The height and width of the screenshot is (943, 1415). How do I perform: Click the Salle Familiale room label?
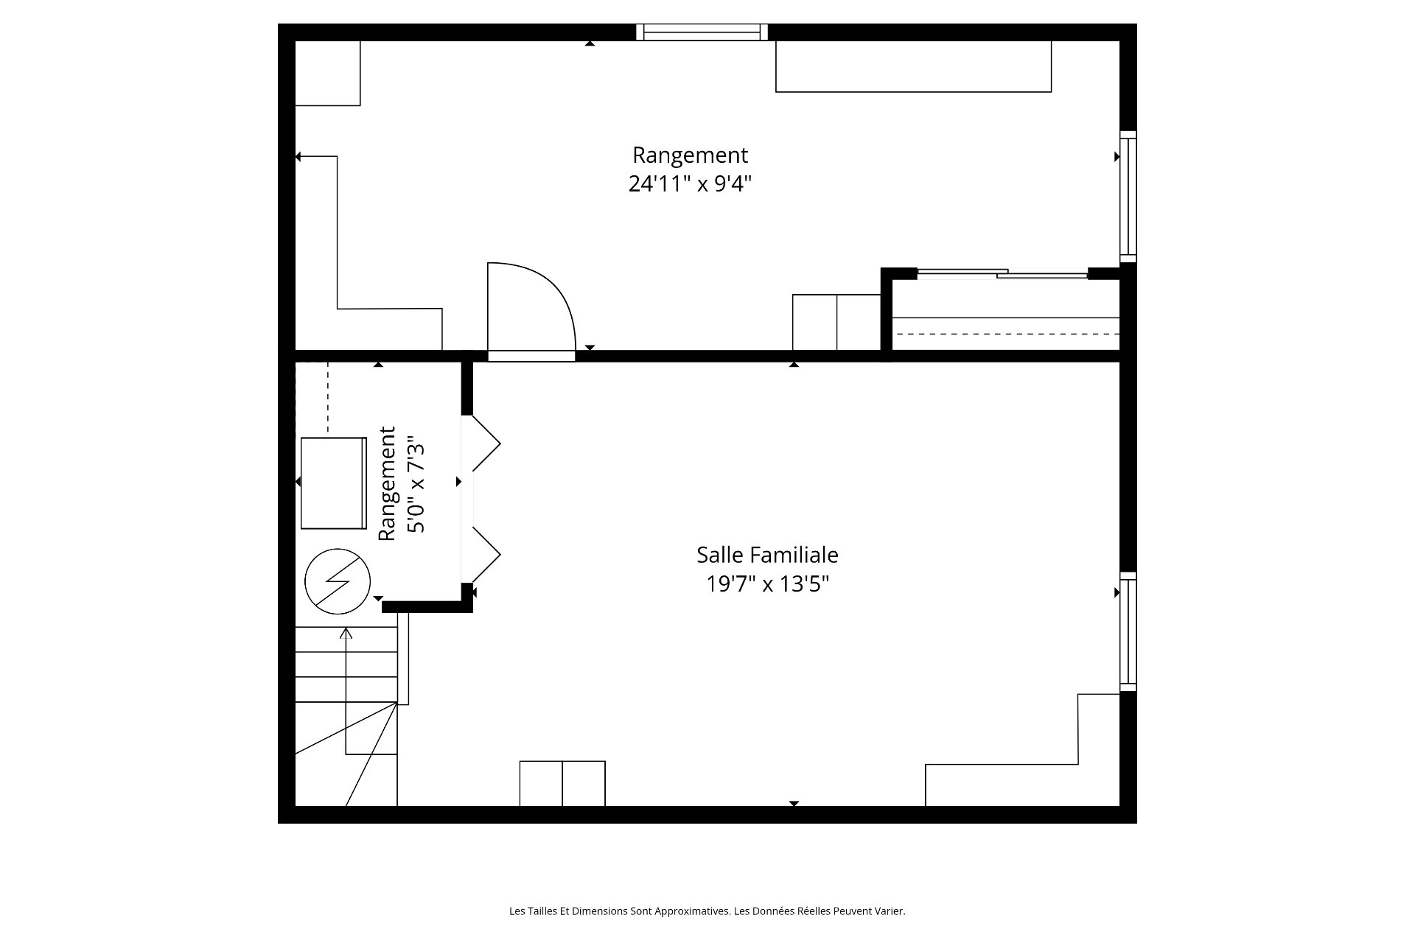pyautogui.click(x=767, y=555)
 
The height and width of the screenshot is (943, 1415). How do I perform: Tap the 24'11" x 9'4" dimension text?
pyautogui.click(x=690, y=183)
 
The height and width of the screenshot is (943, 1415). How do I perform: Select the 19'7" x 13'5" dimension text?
pyautogui.click(x=768, y=584)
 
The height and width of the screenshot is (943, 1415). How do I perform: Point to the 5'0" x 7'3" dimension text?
pyautogui.click(x=416, y=483)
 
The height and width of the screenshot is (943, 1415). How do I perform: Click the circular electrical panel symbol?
pyautogui.click(x=338, y=581)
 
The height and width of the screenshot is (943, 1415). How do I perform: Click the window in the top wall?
pyautogui.click(x=702, y=32)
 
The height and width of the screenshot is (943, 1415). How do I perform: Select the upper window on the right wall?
pyautogui.click(x=1128, y=197)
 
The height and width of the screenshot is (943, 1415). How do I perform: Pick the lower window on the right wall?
pyautogui.click(x=1128, y=631)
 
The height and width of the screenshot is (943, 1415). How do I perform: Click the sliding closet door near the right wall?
pyautogui.click(x=1002, y=274)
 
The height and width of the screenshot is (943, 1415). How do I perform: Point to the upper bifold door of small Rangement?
pyautogui.click(x=486, y=444)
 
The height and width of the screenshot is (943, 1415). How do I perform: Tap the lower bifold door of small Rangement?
pyautogui.click(x=486, y=555)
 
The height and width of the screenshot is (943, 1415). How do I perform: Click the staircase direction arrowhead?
pyautogui.click(x=346, y=631)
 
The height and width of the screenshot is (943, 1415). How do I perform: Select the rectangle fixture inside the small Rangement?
pyautogui.click(x=333, y=483)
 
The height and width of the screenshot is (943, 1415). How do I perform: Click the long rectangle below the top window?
pyautogui.click(x=913, y=66)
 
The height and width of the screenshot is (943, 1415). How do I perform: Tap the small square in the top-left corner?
pyautogui.click(x=327, y=73)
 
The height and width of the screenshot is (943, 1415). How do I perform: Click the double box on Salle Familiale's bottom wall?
pyautogui.click(x=562, y=783)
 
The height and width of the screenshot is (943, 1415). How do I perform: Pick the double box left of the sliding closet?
pyautogui.click(x=836, y=323)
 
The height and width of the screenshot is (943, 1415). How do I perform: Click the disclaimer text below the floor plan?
pyautogui.click(x=707, y=911)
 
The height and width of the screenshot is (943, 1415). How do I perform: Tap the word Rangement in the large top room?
pyautogui.click(x=690, y=155)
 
